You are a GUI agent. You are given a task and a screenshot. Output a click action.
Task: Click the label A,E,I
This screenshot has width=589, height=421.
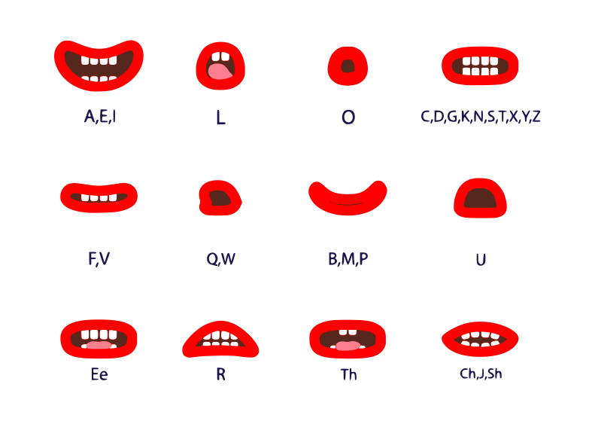click(x=99, y=117)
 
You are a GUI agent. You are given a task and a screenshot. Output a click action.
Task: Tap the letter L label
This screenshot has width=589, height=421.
click(x=220, y=118)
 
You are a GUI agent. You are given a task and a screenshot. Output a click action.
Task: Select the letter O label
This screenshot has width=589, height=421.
click(x=348, y=117)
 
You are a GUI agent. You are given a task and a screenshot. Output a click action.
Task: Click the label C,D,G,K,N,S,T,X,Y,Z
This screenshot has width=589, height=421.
click(x=481, y=117)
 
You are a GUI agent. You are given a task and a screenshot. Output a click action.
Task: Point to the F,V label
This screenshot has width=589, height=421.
click(x=99, y=259)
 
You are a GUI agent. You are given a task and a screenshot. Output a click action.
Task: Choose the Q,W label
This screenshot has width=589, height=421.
click(x=220, y=259)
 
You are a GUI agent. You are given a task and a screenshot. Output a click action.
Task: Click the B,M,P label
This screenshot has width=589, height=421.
click(x=348, y=259)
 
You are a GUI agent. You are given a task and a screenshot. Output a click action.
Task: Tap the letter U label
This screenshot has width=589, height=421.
click(x=481, y=259)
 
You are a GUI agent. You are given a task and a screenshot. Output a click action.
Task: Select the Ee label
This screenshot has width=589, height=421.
click(x=99, y=374)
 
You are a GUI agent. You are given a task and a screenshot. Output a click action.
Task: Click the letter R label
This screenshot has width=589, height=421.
click(x=220, y=374)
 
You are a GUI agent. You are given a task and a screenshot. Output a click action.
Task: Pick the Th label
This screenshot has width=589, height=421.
click(x=348, y=374)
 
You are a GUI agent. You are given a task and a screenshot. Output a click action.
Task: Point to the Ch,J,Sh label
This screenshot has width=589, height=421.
click(x=481, y=374)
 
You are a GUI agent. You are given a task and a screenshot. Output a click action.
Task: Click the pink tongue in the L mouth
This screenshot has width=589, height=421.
click(x=220, y=72)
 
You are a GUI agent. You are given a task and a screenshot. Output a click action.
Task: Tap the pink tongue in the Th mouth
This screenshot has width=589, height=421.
click(x=348, y=346)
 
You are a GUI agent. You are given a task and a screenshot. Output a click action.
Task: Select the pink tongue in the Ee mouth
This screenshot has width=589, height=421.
click(x=99, y=345)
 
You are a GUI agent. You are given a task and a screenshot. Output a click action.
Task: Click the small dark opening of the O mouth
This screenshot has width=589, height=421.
click(x=348, y=66)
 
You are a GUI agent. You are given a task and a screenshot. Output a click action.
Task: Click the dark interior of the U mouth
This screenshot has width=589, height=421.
click(x=480, y=199)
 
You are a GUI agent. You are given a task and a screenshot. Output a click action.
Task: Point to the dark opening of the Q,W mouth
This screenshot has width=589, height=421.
click(x=220, y=198)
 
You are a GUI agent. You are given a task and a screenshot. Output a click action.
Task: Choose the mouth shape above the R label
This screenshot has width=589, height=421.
click(x=220, y=341)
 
